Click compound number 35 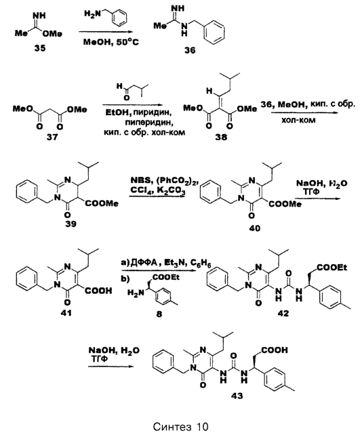(40, 48)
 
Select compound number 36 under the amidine (190, 50)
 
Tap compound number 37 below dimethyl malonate (52, 137)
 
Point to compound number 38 (221, 137)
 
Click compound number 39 (71, 224)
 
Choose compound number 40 (255, 228)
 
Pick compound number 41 (66, 313)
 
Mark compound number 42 (283, 313)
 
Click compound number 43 (237, 396)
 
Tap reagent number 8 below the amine (159, 314)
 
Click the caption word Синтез (172, 427)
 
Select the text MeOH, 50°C (111, 43)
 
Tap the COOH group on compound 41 (98, 291)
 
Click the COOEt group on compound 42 (332, 268)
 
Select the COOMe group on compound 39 (102, 203)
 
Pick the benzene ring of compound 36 (214, 33)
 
